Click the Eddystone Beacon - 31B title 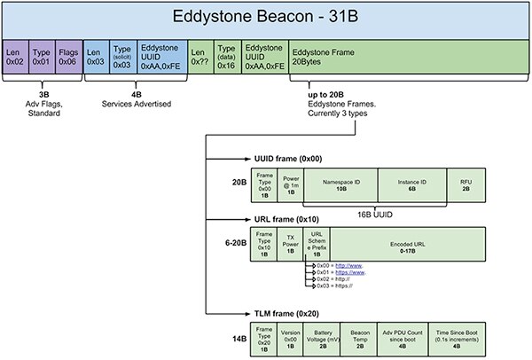click(266, 19)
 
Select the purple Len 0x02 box click(15, 55)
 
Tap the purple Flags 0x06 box click(68, 55)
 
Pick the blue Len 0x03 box click(96, 55)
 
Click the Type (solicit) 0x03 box click(123, 55)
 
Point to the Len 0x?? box click(201, 55)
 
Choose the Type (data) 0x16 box click(227, 55)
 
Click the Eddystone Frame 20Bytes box click(407, 55)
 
